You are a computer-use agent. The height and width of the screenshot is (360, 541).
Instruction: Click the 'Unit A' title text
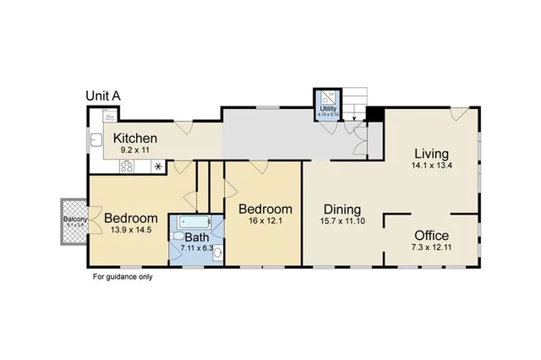click(x=103, y=96)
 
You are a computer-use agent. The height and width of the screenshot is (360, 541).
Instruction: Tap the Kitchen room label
click(x=135, y=139)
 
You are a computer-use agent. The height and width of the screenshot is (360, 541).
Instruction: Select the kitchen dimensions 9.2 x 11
click(x=135, y=150)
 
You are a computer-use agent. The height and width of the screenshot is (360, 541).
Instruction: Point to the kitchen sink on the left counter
click(x=96, y=140)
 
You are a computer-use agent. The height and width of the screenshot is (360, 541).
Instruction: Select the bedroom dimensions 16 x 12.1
click(x=265, y=222)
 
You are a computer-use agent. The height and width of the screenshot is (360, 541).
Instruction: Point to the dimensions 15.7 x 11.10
click(x=342, y=222)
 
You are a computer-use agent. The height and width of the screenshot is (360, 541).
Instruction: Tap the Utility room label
click(x=328, y=109)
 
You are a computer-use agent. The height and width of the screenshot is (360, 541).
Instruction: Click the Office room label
click(x=431, y=235)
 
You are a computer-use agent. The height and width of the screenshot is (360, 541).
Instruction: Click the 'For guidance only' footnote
click(x=122, y=275)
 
